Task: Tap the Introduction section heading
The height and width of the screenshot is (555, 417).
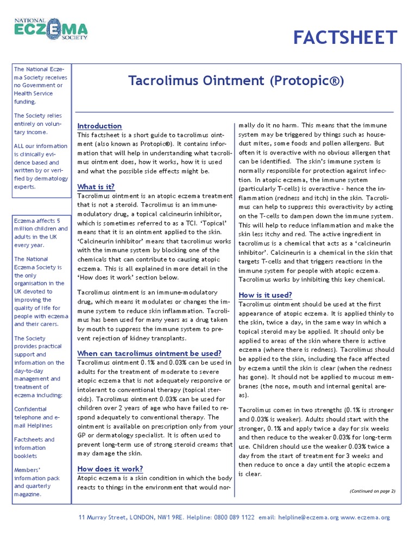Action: [x=99, y=126]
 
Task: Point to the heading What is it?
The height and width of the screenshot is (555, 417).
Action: [x=96, y=187]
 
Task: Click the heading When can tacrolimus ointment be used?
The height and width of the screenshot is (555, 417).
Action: [x=149, y=353]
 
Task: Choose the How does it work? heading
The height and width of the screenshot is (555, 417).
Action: [x=110, y=469]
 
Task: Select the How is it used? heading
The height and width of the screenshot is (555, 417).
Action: [x=266, y=295]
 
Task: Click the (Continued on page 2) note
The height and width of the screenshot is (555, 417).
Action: [x=372, y=491]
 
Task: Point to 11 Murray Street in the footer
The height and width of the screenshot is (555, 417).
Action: [x=103, y=518]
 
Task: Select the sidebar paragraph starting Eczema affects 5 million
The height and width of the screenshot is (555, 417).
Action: [x=41, y=233]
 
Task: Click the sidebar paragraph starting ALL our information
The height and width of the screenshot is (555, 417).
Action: [x=41, y=166]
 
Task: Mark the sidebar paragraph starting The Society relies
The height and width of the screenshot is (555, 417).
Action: [x=39, y=124]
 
